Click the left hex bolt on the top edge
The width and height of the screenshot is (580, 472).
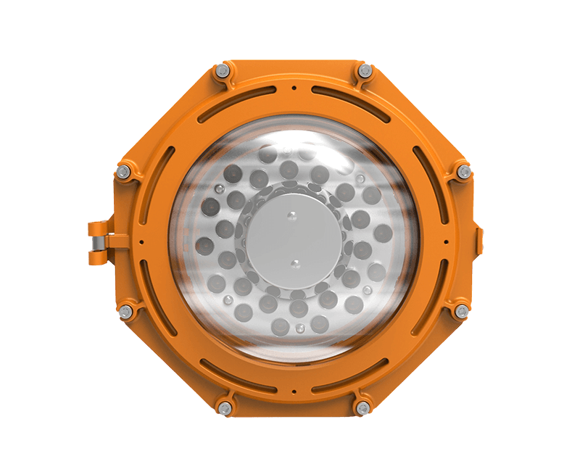coord(223,71)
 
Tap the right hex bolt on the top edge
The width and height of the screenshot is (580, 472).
coord(365,71)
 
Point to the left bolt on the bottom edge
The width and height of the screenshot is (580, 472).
coord(225,407)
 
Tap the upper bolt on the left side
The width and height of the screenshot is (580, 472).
coord(123,172)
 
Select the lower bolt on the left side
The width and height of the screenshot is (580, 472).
coord(125,311)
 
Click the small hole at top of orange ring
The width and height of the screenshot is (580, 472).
coord(294,88)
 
